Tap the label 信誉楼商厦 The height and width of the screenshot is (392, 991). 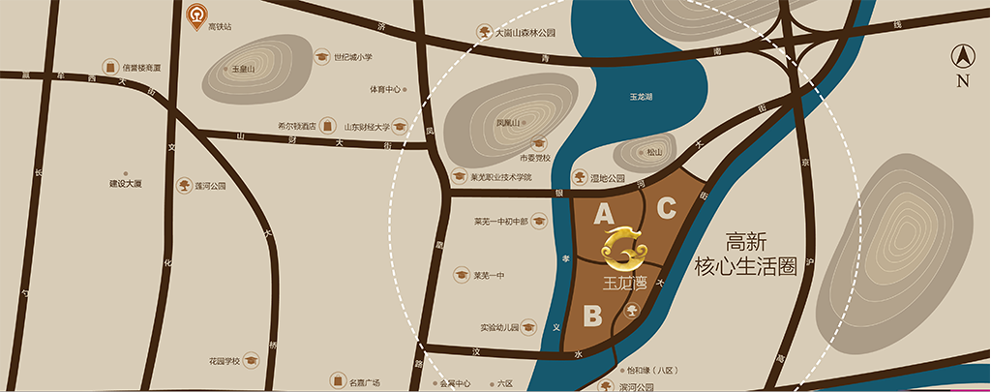click(141, 68)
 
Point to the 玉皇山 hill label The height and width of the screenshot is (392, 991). click(243, 70)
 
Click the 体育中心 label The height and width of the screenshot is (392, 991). click(384, 89)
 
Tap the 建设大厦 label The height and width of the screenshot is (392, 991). click(126, 183)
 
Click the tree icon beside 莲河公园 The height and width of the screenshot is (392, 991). click(183, 185)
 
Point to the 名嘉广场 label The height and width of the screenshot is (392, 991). click(364, 381)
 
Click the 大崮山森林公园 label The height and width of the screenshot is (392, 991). click(525, 32)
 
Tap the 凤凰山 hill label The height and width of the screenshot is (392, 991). click(509, 123)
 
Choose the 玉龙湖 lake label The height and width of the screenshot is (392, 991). click(643, 98)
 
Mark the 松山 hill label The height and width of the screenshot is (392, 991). click(655, 152)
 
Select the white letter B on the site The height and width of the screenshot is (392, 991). click(593, 316)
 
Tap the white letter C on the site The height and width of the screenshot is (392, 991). click(667, 206)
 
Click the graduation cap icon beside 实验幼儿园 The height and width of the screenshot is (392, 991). click(529, 327)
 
